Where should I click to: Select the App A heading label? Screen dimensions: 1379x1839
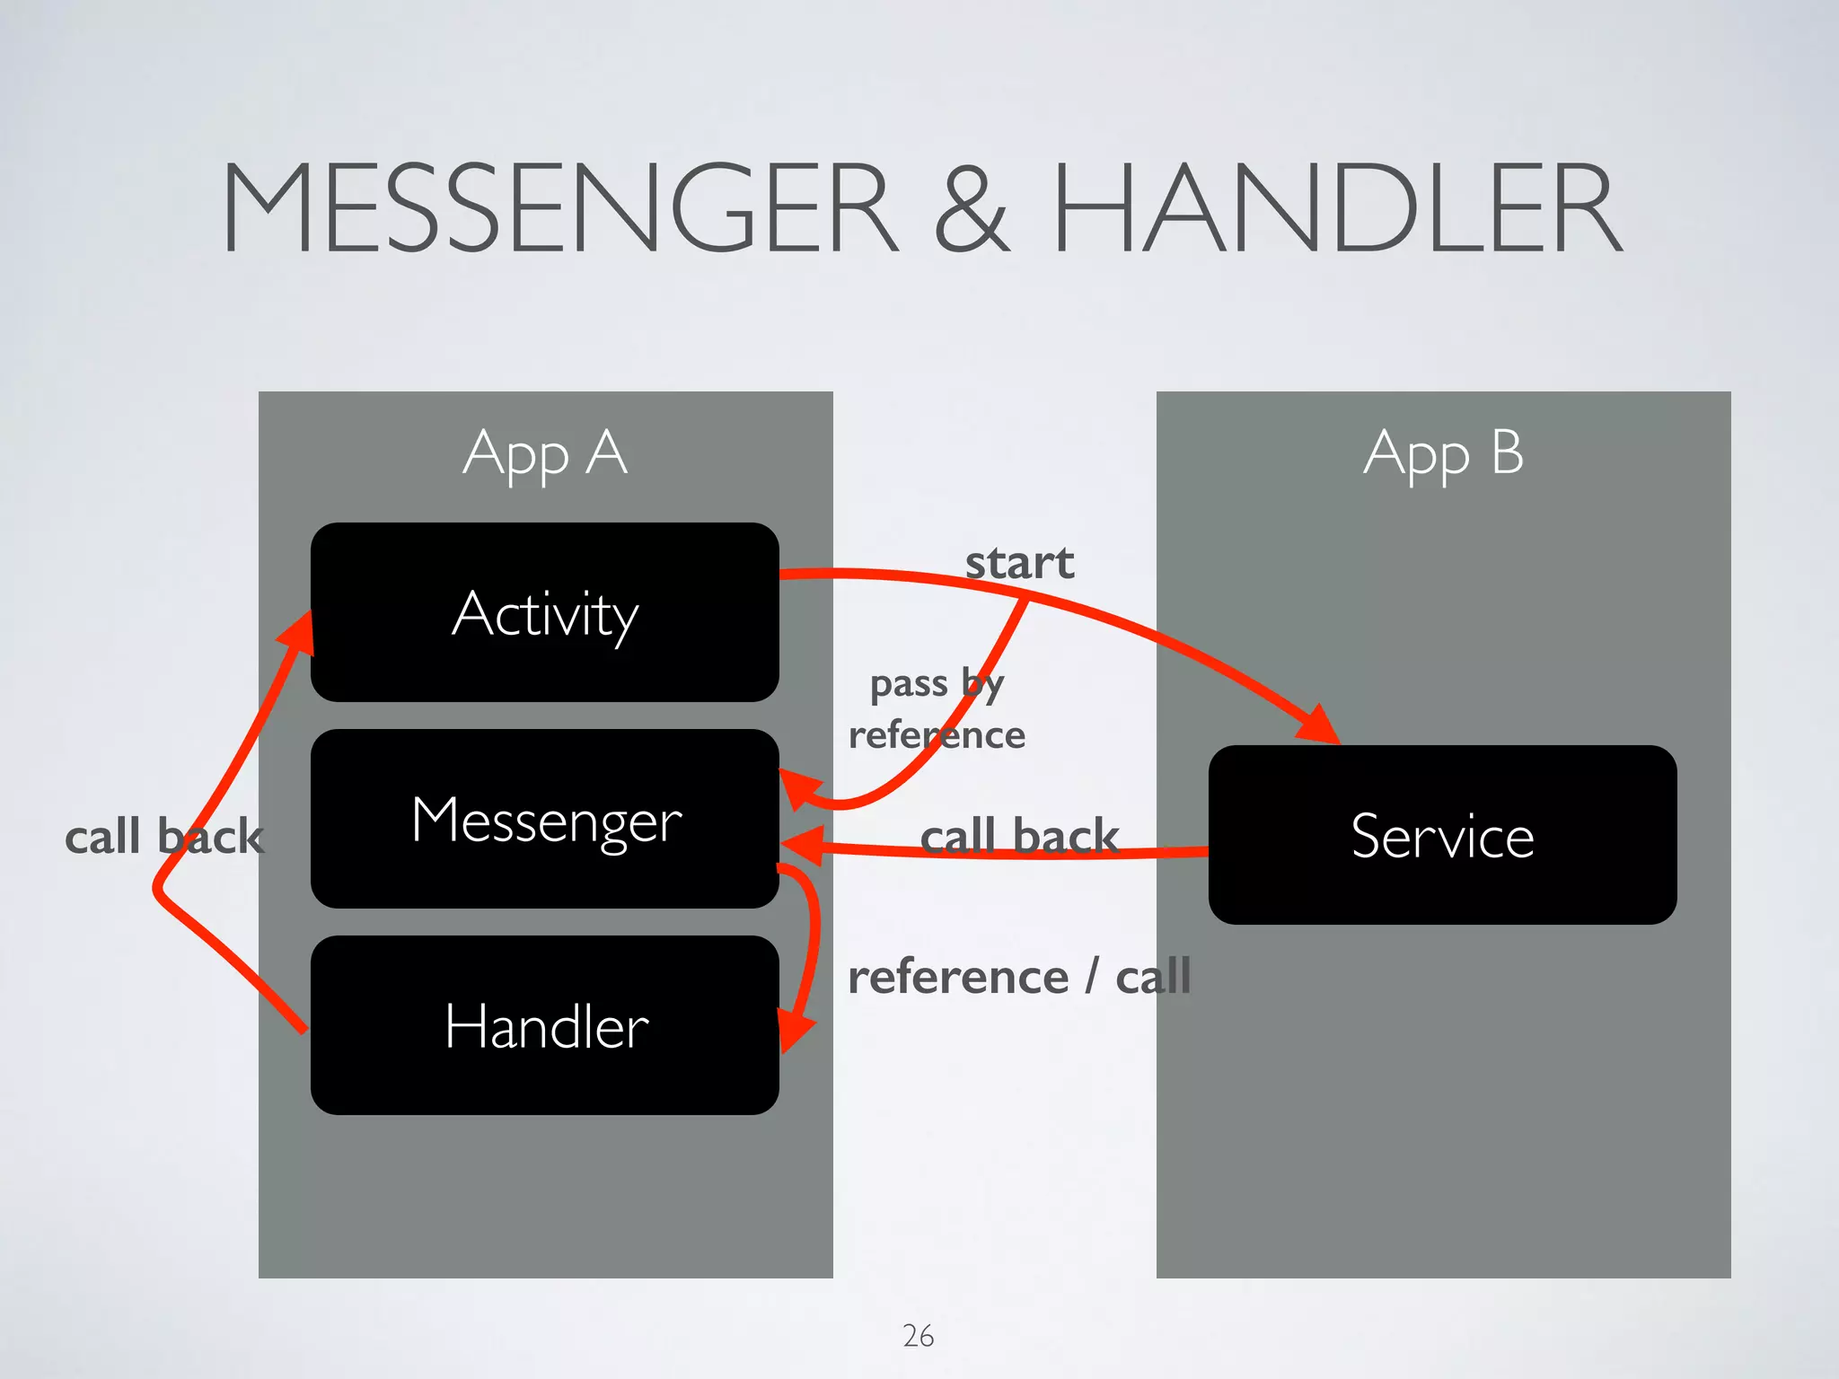(545, 453)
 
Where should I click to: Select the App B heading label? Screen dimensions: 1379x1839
(1443, 453)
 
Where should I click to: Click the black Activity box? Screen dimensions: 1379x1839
(545, 612)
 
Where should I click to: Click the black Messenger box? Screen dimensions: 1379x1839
(545, 819)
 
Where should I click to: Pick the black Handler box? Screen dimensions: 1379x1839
(545, 1025)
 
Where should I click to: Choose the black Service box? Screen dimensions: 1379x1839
(1442, 835)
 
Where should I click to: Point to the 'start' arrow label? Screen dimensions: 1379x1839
(1019, 564)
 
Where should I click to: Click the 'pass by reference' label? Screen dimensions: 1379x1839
(937, 709)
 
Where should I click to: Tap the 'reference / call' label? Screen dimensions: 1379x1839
(1019, 977)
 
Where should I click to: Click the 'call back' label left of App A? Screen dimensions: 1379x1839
(164, 837)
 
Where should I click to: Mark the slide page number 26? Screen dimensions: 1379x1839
(918, 1336)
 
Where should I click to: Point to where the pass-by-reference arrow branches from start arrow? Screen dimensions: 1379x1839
(1025, 600)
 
